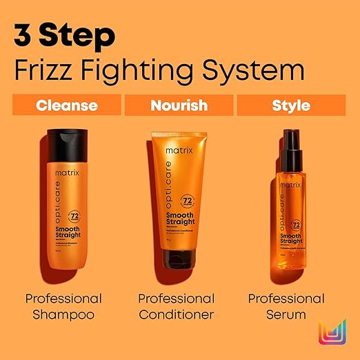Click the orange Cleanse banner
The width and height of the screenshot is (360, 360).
pos(66,106)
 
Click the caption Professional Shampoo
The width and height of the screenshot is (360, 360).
pos(63,307)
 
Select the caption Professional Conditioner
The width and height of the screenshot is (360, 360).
pos(177,307)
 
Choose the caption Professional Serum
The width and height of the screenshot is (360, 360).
pos(286,307)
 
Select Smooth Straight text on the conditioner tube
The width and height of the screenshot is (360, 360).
pos(182,221)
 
